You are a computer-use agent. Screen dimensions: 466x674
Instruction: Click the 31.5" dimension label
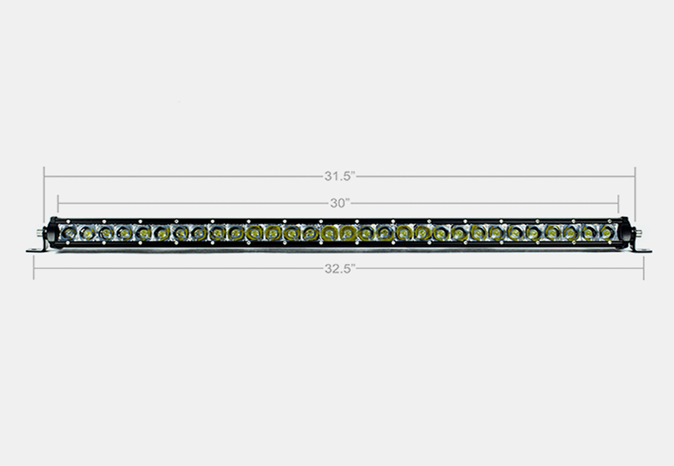coord(339,176)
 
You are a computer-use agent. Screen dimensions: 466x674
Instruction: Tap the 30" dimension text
coord(339,202)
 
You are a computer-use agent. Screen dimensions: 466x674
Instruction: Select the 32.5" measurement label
coord(339,268)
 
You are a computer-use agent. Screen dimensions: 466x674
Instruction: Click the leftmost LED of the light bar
coord(68,233)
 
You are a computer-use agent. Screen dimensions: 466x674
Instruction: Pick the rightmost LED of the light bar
coord(607,232)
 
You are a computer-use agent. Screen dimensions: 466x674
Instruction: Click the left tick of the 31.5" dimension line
coord(44,177)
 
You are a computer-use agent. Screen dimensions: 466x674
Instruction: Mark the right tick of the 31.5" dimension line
coord(635,177)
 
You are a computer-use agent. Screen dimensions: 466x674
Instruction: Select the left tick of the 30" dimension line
coord(58,203)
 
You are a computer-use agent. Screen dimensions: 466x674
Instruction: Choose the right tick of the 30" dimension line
coord(619,203)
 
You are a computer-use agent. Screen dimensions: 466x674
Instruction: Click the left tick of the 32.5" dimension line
coord(34,268)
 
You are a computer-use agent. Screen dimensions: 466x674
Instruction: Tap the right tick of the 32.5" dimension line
coord(644,268)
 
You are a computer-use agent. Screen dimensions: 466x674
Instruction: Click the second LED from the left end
coord(87,233)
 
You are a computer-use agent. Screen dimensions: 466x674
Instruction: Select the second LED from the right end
coord(588,232)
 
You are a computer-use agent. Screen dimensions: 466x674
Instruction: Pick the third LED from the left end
coord(105,233)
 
